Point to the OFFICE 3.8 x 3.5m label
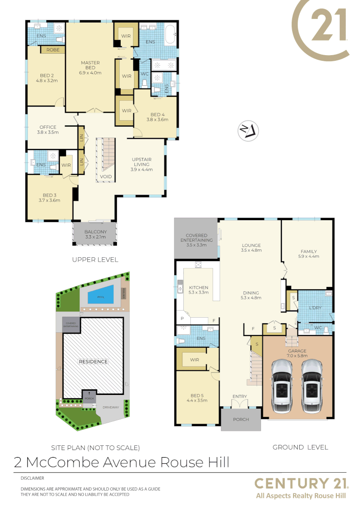(48, 130)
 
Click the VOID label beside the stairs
(106, 177)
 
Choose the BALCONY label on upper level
(96, 234)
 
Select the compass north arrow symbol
(248, 131)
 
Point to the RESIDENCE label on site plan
(93, 361)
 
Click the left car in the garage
(281, 386)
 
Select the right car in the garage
(311, 386)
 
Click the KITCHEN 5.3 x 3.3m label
(198, 290)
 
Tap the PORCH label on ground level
(240, 420)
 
